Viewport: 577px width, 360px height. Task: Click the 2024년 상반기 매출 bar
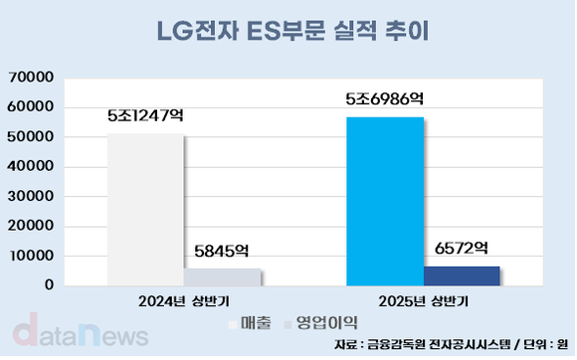coord(145,210)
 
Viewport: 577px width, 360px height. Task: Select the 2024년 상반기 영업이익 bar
coord(222,276)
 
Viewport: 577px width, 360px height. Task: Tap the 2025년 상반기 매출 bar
coord(385,201)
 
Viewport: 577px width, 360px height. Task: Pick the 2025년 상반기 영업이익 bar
coord(462,274)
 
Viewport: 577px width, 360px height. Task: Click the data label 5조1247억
coord(145,115)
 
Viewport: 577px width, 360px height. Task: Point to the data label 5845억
coord(222,253)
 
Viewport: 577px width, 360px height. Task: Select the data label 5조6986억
coord(385,98)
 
